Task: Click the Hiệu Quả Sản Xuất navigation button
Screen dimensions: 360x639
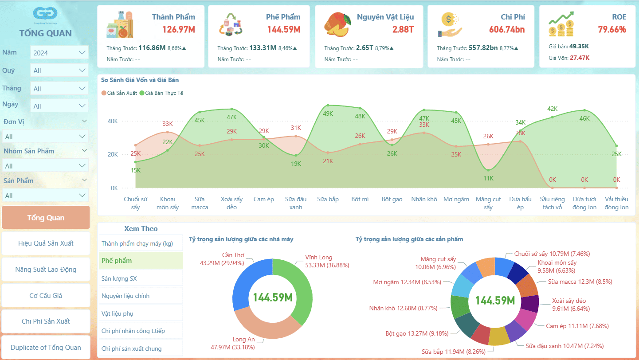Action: tap(46, 243)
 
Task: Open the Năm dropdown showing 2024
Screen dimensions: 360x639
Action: tap(59, 52)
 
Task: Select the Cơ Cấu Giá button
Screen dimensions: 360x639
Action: tap(46, 295)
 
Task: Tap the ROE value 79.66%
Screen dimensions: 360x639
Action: tap(612, 30)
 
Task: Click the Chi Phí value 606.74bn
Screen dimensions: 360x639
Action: tap(507, 30)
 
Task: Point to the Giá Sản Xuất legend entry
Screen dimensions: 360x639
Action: tap(119, 93)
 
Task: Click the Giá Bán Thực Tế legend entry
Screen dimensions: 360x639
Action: tap(161, 93)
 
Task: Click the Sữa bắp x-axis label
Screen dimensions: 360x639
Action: tap(328, 199)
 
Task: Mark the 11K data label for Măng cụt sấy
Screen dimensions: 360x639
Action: tap(488, 178)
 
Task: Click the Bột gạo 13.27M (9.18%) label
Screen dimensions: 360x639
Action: tap(417, 333)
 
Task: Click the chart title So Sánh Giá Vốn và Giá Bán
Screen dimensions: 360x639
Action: tap(140, 80)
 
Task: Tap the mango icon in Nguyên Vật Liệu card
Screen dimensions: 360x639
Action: tap(338, 24)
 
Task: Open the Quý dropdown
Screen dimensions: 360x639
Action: tap(59, 70)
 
